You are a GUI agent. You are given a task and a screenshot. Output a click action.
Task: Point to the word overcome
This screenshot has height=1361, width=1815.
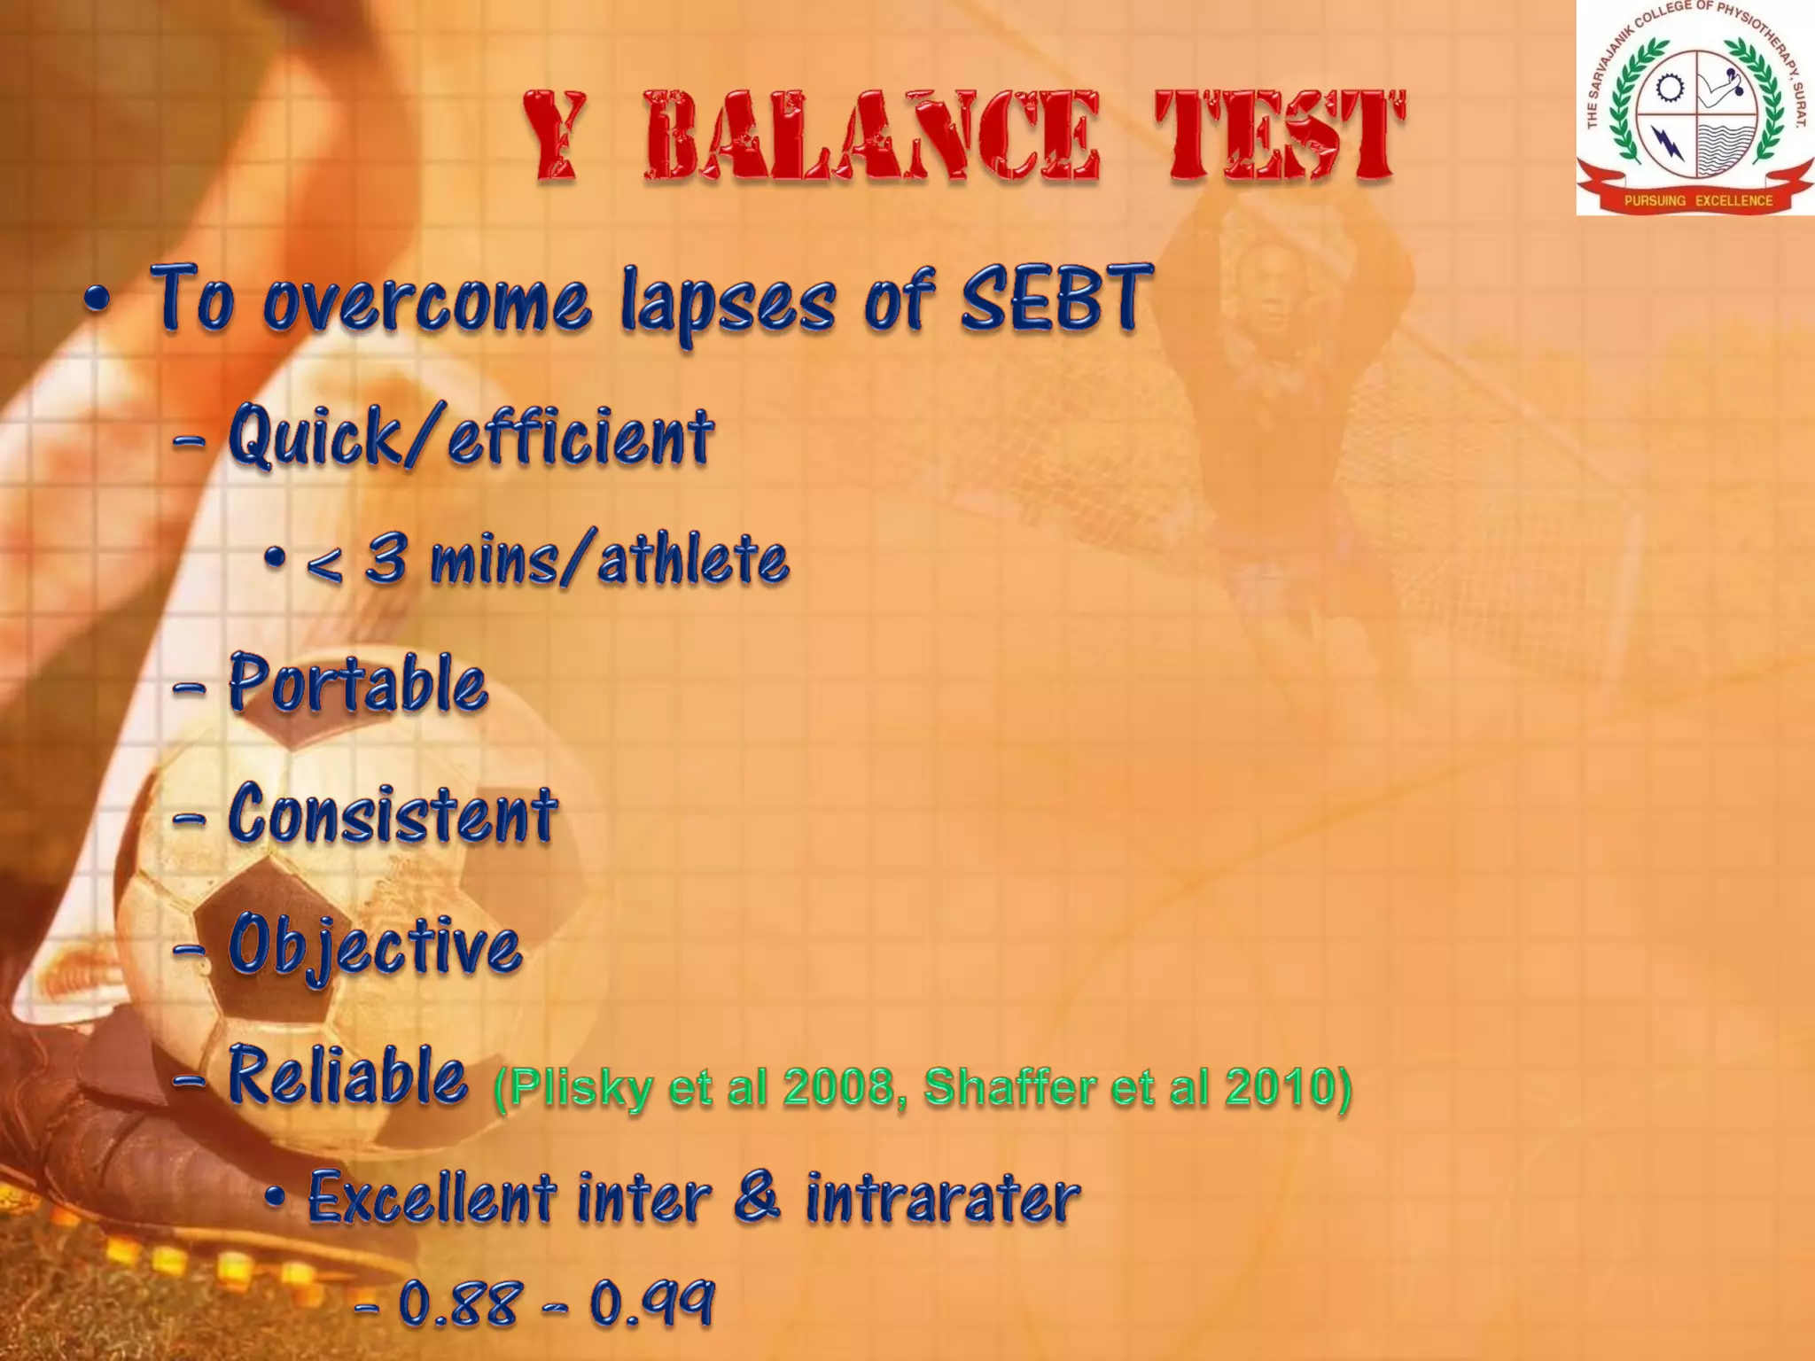pos(426,306)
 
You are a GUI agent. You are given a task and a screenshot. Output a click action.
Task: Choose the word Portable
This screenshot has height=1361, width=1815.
pos(358,684)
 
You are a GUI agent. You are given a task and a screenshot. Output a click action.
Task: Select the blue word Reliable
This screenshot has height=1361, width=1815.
pos(347,1076)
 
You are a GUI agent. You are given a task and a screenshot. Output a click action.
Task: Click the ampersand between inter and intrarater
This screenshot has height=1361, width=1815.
pos(758,1196)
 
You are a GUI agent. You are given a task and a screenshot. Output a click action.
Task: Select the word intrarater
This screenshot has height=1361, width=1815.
pos(943,1198)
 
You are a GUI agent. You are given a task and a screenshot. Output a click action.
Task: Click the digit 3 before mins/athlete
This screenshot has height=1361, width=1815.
pos(387,560)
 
